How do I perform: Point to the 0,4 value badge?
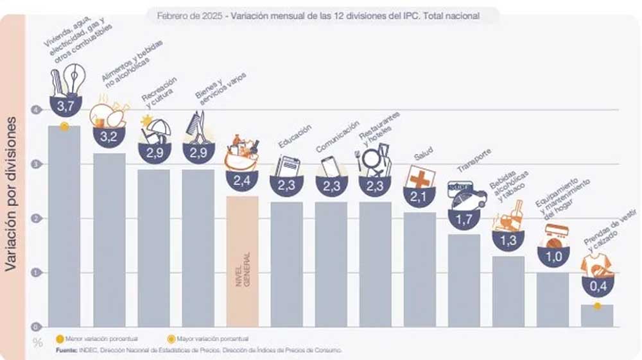pos(597,284)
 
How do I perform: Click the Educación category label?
pos(295,136)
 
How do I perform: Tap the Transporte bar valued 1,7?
pos(464,280)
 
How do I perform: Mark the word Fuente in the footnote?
pos(67,350)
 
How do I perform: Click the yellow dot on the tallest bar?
pos(64,126)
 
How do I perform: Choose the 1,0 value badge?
pos(553,255)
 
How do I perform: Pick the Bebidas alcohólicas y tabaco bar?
pos(508,291)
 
